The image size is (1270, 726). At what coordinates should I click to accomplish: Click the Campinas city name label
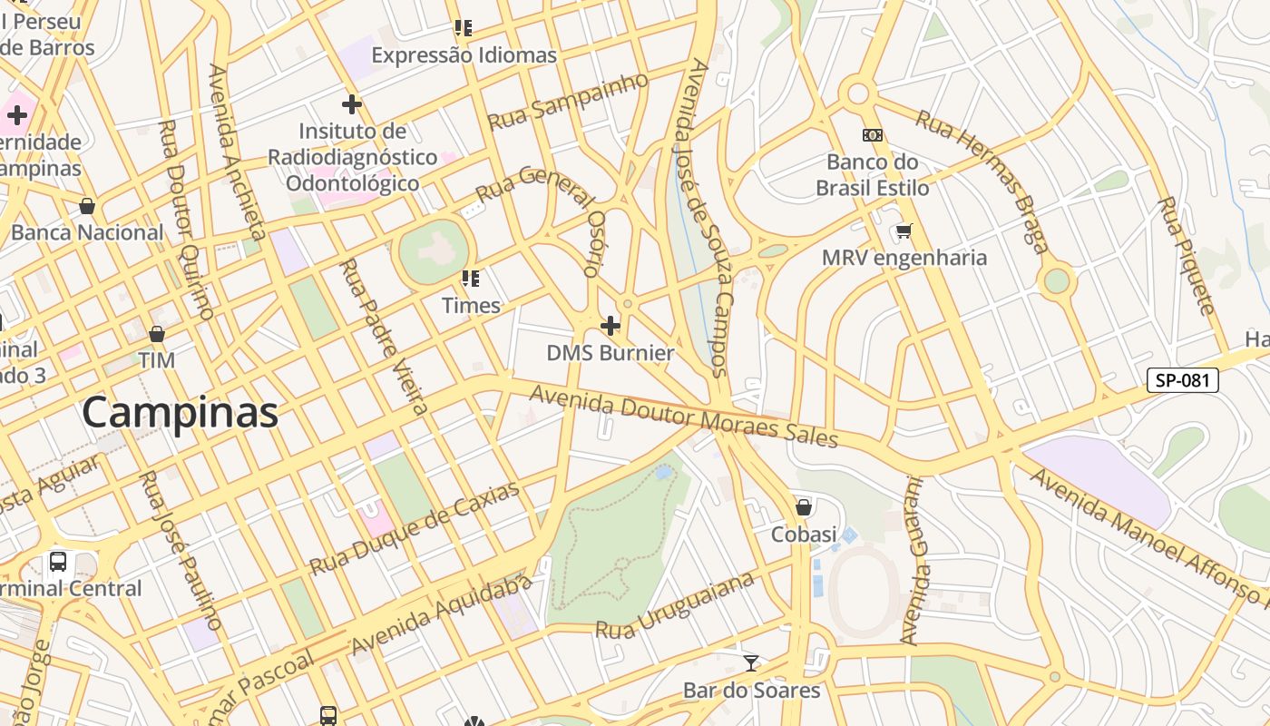pyautogui.click(x=180, y=413)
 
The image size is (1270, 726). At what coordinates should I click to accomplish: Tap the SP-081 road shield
pyautogui.click(x=1182, y=380)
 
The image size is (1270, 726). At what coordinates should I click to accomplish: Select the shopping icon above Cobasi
pyautogui.click(x=803, y=506)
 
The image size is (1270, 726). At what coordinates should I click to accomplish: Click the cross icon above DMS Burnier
pyautogui.click(x=611, y=325)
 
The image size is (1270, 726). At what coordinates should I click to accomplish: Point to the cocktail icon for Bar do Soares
pyautogui.click(x=750, y=662)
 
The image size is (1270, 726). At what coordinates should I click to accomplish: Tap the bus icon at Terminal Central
pyautogui.click(x=58, y=561)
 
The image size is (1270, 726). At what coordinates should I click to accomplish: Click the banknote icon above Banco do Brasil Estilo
pyautogui.click(x=872, y=135)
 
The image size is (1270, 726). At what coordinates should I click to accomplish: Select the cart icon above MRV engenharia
pyautogui.click(x=904, y=231)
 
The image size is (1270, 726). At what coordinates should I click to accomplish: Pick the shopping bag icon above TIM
pyautogui.click(x=157, y=334)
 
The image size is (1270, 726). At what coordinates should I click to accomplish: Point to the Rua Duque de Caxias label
pyautogui.click(x=415, y=528)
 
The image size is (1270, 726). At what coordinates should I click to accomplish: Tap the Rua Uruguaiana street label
pyautogui.click(x=676, y=605)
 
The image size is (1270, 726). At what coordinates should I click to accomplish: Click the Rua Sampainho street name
pyautogui.click(x=568, y=102)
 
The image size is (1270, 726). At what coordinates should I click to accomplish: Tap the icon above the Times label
pyautogui.click(x=470, y=278)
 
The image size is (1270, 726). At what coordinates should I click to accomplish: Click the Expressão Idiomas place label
pyautogui.click(x=464, y=55)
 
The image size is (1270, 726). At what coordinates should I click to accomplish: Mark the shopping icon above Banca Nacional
pyautogui.click(x=87, y=206)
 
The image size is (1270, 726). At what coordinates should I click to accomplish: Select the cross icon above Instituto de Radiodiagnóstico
pyautogui.click(x=352, y=103)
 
